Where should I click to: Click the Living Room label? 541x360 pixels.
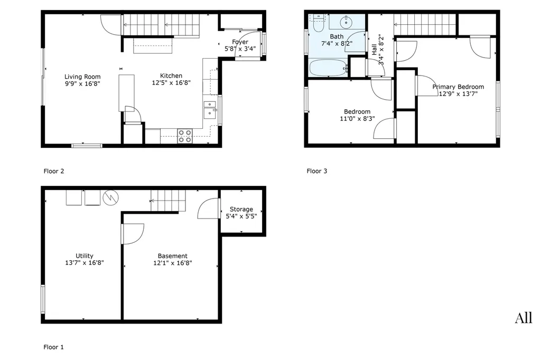(x=82, y=77)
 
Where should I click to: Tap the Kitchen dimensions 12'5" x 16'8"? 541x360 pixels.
(x=171, y=83)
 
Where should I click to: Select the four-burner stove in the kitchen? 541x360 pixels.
(x=184, y=136)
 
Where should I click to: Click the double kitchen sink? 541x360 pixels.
(x=210, y=110)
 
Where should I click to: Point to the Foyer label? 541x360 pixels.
(x=240, y=42)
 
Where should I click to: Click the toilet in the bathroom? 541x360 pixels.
(x=319, y=23)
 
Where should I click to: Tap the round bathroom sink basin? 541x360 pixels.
(x=346, y=22)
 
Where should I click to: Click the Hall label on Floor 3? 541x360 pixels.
(x=375, y=49)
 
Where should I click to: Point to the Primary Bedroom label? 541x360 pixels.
(x=458, y=87)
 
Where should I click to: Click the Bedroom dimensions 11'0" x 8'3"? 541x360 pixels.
(x=357, y=119)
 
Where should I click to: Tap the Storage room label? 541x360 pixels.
(x=241, y=209)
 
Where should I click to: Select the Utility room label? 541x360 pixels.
(x=85, y=255)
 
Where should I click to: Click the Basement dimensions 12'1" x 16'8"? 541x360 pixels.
(x=173, y=263)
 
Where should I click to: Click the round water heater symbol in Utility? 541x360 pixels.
(x=111, y=197)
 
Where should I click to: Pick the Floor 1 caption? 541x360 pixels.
(x=53, y=347)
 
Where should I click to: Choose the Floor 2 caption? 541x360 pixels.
(x=54, y=171)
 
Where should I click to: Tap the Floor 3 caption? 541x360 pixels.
(x=317, y=171)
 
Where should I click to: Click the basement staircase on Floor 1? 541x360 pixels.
(x=168, y=201)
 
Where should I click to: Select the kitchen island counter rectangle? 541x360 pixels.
(x=127, y=93)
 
